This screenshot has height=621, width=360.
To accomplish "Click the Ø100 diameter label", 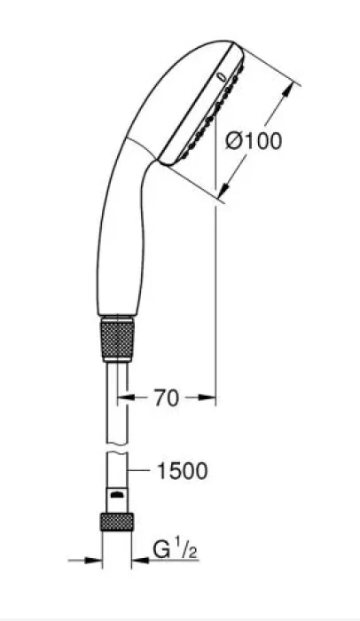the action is [x=254, y=141].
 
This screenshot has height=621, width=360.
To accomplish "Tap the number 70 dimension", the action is [x=167, y=398].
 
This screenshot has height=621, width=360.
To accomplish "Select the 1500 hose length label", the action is [x=182, y=470].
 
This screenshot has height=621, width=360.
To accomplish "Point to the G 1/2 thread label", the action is [x=175, y=550].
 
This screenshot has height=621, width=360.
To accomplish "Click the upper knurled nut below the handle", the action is [x=117, y=338].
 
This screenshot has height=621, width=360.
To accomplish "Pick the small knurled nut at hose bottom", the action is [x=117, y=522].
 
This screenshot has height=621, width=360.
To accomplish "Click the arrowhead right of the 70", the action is [x=207, y=397].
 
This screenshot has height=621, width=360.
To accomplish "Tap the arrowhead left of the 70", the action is [x=126, y=397].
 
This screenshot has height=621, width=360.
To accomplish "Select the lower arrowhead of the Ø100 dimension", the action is [x=224, y=189].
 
